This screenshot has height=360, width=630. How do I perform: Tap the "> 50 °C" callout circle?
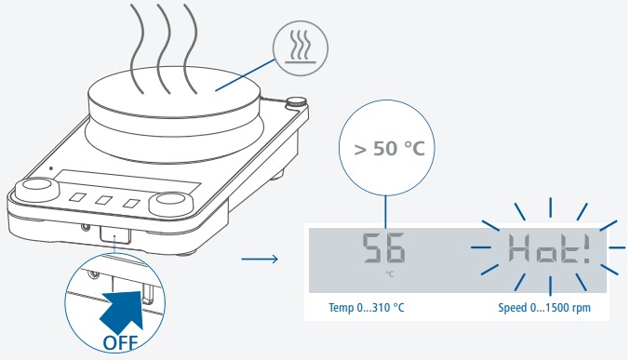386,148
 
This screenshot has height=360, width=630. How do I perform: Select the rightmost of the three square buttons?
132,204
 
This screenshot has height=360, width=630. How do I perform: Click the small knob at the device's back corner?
296,102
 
